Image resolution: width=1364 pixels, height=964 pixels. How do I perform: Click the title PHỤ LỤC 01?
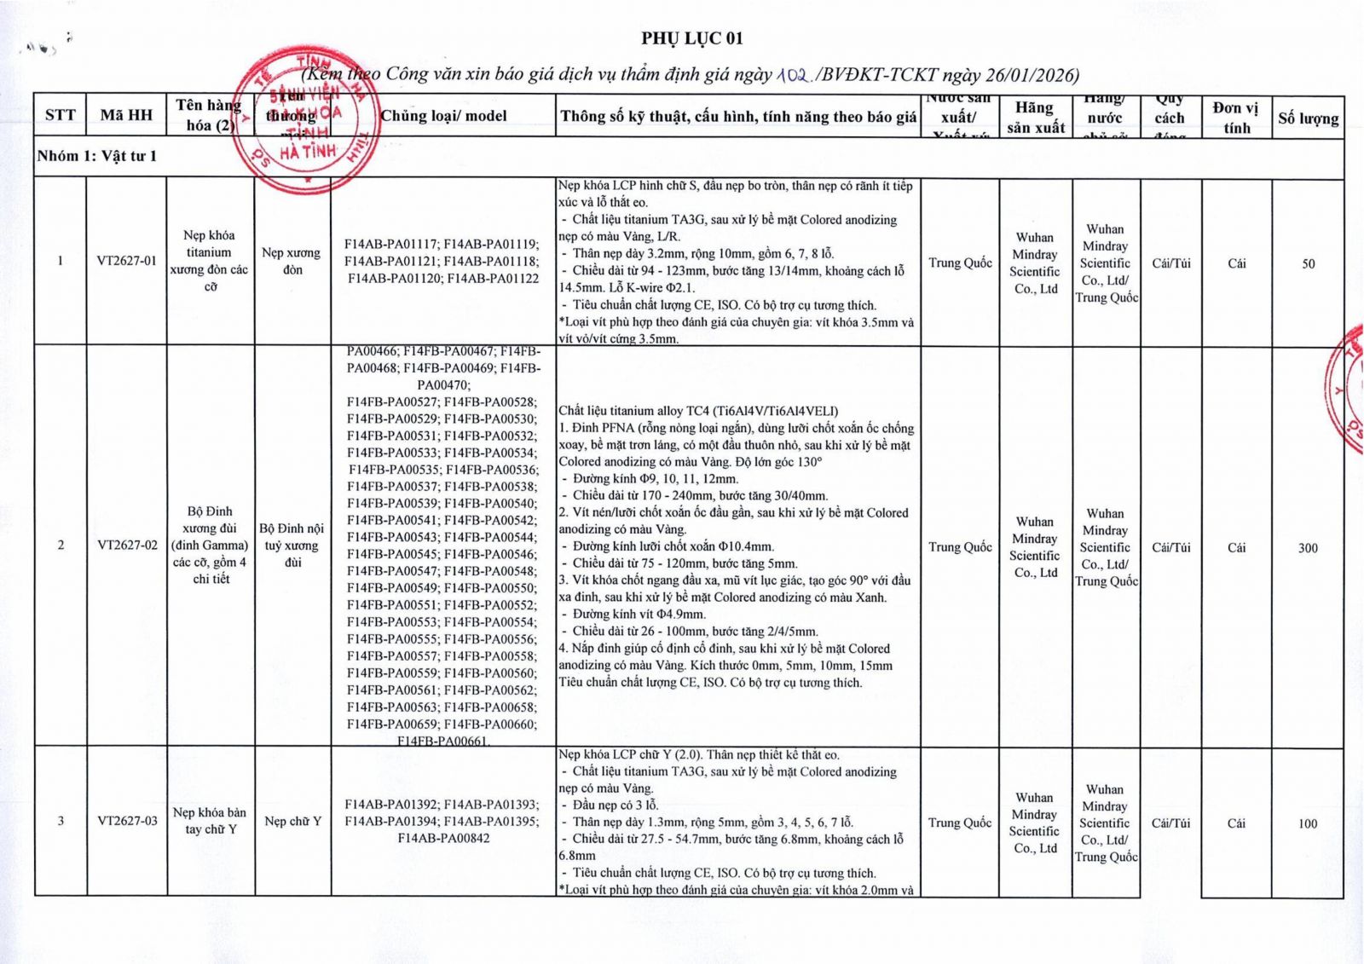tap(692, 38)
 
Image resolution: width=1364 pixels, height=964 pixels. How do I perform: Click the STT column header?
tap(60, 115)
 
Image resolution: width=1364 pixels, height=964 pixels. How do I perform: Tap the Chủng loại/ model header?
tap(443, 116)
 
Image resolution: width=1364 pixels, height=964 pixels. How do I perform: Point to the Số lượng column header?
tap(1308, 118)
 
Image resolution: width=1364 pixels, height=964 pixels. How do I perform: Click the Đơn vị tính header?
tap(1236, 118)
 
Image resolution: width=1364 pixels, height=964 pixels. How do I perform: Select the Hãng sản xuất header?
tap(1035, 118)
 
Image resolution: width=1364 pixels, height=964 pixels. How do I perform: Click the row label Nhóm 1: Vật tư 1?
tap(97, 156)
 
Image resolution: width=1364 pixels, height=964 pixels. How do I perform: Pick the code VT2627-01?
tap(126, 261)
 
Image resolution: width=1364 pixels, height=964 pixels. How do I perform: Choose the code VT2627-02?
tap(127, 545)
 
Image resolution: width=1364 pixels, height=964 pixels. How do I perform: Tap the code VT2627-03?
tap(127, 821)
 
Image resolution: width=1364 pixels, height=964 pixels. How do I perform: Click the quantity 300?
tap(1308, 548)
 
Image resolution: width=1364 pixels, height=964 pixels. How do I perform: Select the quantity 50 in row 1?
tap(1308, 264)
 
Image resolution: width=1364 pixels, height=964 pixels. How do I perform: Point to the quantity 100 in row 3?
tap(1308, 824)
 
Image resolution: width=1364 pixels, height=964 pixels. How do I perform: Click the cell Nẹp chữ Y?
tap(292, 821)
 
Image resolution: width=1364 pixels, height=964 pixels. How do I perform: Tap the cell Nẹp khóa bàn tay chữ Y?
tap(210, 821)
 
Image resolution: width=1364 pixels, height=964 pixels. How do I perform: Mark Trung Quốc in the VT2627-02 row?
tap(960, 547)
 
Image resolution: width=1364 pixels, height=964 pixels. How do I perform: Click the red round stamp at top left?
tap(304, 119)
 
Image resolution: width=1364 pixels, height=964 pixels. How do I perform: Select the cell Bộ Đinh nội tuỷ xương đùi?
tap(292, 545)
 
